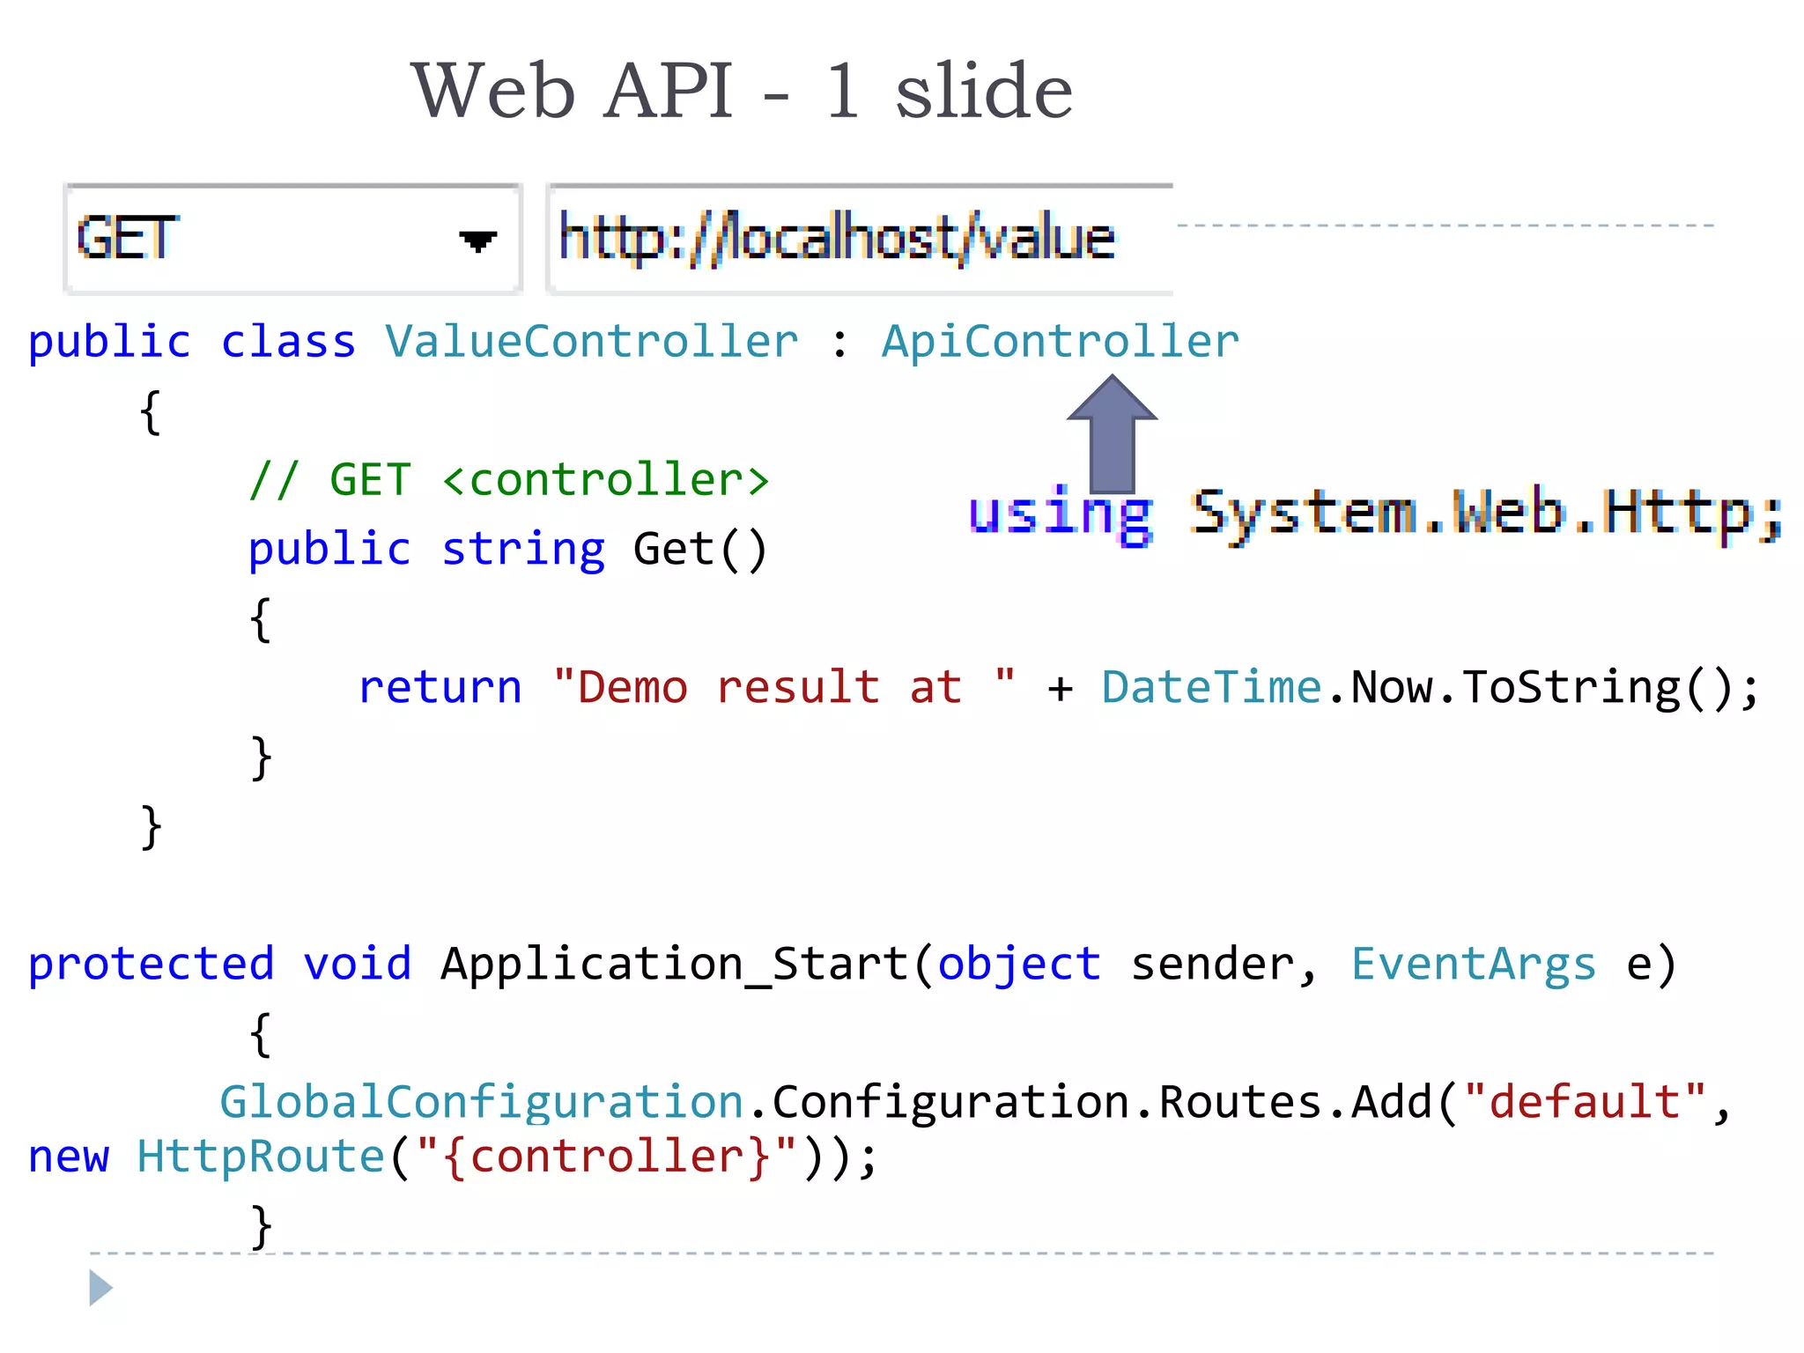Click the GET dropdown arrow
tap(477, 240)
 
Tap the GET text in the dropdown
tap(127, 238)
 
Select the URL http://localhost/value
tap(837, 238)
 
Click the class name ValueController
tap(591, 342)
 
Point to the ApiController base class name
tap(1060, 342)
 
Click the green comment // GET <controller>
tap(509, 480)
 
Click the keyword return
tap(440, 687)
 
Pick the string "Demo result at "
tap(784, 687)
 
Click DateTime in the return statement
tap(1211, 687)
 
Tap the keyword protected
tap(151, 964)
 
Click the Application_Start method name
tap(675, 964)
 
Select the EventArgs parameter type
tap(1473, 964)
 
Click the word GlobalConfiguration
tap(481, 1102)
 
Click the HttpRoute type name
tap(261, 1157)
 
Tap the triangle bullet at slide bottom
tap(100, 1288)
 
